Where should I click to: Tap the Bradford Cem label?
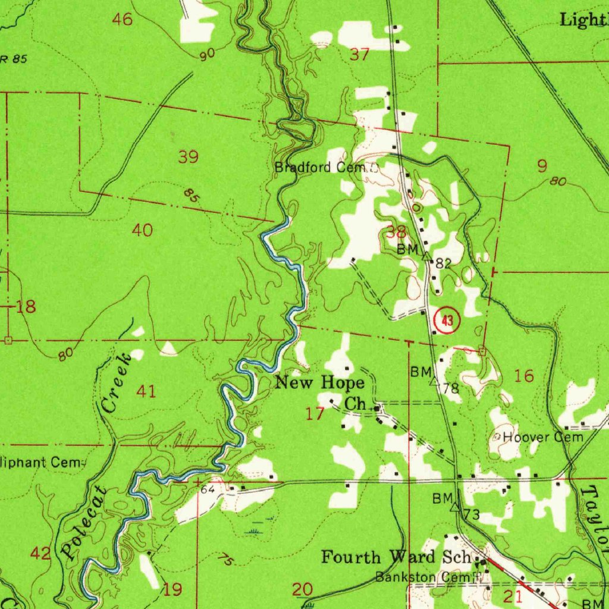tap(322, 168)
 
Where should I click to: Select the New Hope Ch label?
tap(320, 392)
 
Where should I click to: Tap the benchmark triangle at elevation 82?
tap(426, 257)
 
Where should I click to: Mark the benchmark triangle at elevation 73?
tap(455, 507)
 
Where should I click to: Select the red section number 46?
tap(123, 20)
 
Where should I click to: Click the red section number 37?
tap(359, 55)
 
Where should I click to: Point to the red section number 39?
tap(188, 158)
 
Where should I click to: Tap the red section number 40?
tap(142, 230)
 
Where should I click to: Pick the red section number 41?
tap(146, 391)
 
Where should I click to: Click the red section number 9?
tap(542, 166)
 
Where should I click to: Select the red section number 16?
tap(524, 376)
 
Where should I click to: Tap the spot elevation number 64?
tap(207, 489)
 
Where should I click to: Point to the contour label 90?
tap(207, 55)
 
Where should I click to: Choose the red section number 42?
tap(40, 554)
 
